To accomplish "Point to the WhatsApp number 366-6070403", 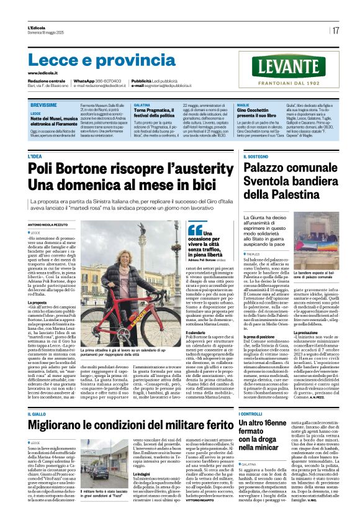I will point(109,81).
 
